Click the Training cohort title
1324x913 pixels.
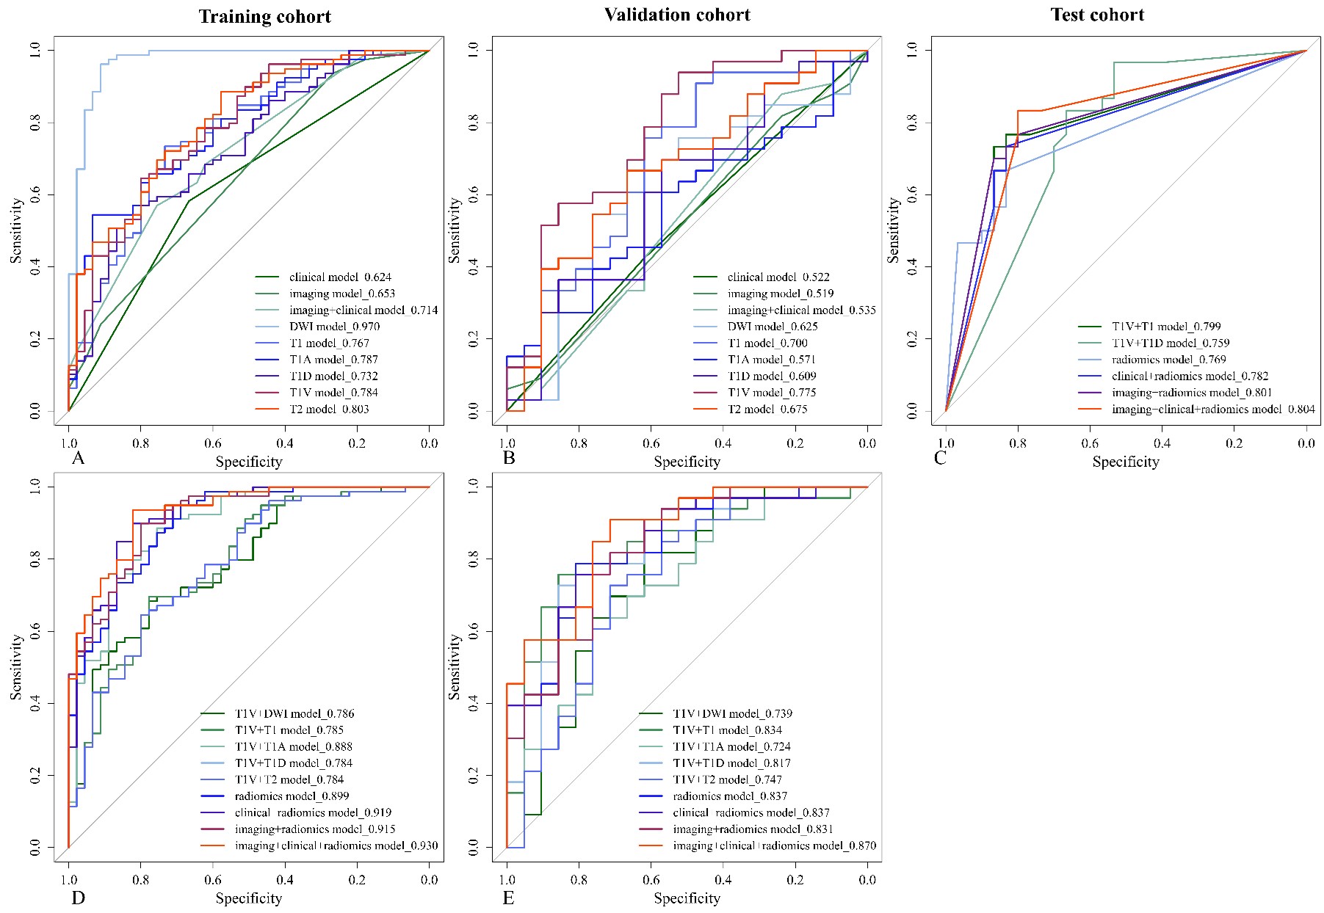click(x=264, y=17)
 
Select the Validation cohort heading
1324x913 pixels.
click(x=677, y=15)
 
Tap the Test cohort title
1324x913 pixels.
click(x=1097, y=15)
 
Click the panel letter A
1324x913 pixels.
click(x=78, y=459)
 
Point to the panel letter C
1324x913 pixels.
click(x=940, y=459)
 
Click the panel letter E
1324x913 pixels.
click(x=508, y=898)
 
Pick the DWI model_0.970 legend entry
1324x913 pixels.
click(x=334, y=327)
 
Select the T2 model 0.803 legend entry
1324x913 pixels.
click(x=329, y=410)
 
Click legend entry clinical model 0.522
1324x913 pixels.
click(x=778, y=277)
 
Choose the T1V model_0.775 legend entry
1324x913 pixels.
click(x=772, y=393)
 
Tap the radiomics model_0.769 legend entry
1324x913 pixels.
click(x=1169, y=360)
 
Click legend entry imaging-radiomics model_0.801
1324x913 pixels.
click(x=1192, y=393)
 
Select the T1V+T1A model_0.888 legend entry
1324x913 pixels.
click(x=294, y=746)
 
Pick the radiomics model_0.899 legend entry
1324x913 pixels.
click(x=292, y=796)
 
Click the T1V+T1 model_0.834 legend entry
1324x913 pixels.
click(x=727, y=730)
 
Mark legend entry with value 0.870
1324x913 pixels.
click(x=774, y=846)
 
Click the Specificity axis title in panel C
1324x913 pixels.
click(x=1125, y=462)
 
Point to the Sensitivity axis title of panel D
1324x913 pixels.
click(x=16, y=666)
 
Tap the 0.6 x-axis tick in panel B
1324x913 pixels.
click(x=651, y=443)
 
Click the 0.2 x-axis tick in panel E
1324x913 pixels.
click(x=795, y=880)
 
